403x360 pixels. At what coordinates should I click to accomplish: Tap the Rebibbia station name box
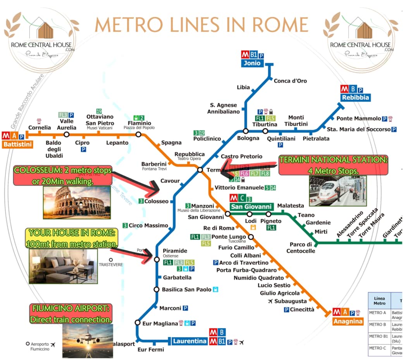pos(355,98)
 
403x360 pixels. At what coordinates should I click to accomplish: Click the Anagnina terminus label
pos(348,321)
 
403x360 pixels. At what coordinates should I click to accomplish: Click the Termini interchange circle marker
pos(200,170)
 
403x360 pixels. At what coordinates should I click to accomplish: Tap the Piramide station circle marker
pos(157,259)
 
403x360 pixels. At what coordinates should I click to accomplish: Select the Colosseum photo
pos(77,202)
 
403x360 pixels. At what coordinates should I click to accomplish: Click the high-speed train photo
pos(337,190)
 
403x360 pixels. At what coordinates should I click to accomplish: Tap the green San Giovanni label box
pos(251,207)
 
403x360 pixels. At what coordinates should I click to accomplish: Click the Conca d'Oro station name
pos(290,81)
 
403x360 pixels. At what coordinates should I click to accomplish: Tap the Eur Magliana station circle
pos(137,322)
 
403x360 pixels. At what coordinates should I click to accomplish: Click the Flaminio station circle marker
pos(138,134)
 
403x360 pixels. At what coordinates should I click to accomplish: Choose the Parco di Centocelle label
pos(301,248)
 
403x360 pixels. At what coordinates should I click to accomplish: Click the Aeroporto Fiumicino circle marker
pos(28,343)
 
